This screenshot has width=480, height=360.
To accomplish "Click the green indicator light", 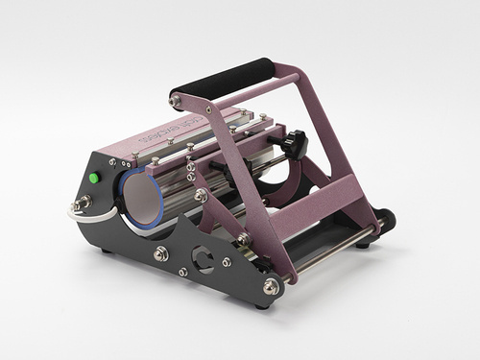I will coord(94,178).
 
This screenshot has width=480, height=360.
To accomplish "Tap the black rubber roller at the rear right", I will coord(384,220).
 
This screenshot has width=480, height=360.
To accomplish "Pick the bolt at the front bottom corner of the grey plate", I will coord(272,286).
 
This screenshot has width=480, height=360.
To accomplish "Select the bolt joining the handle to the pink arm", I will coord(176,100).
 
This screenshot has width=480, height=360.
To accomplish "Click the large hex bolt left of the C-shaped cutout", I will coord(161,253).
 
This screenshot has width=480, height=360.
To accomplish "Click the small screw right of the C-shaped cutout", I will coord(227,261).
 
